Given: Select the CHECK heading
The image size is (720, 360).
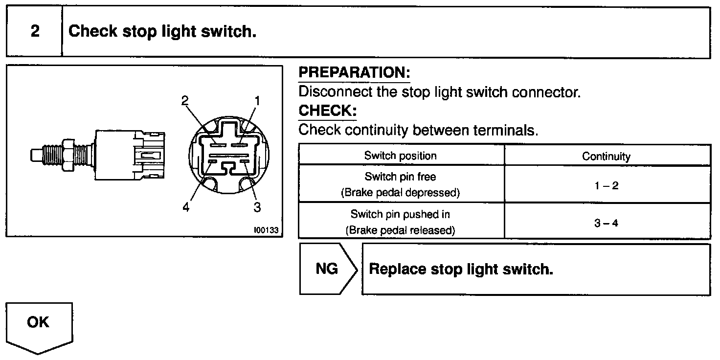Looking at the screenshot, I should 327,111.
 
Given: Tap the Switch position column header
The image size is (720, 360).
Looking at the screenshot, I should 401,156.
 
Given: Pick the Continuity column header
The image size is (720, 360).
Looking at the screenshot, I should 606,157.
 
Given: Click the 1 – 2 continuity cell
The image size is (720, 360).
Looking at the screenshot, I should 607,186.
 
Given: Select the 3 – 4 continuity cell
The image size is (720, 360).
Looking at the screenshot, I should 607,223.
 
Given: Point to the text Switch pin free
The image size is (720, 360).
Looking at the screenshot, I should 400,177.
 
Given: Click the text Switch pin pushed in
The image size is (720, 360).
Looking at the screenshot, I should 400,214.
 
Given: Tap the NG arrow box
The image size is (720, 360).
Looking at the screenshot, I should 327,269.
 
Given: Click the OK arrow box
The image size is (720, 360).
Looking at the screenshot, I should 39,323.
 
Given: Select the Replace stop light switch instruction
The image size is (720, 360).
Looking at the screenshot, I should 461,269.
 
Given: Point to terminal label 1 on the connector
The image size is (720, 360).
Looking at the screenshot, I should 257,101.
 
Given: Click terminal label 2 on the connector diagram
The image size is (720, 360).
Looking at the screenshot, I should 184,101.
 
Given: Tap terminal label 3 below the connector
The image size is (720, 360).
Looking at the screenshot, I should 257,207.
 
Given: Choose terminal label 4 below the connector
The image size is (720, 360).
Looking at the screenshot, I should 185,207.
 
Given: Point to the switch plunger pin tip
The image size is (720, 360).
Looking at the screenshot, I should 34,156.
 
